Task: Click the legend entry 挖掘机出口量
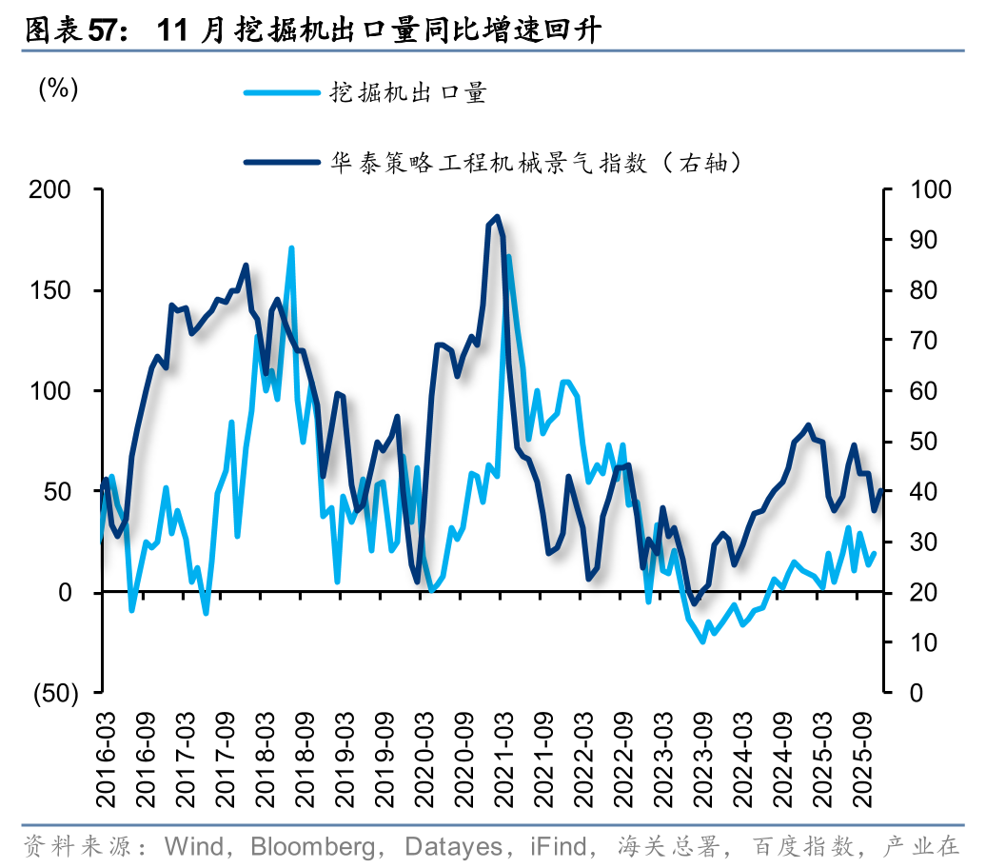(x=408, y=92)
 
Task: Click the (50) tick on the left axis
(x=55, y=693)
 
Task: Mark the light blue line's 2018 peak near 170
(x=291, y=248)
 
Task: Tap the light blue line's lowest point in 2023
(x=702, y=641)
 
